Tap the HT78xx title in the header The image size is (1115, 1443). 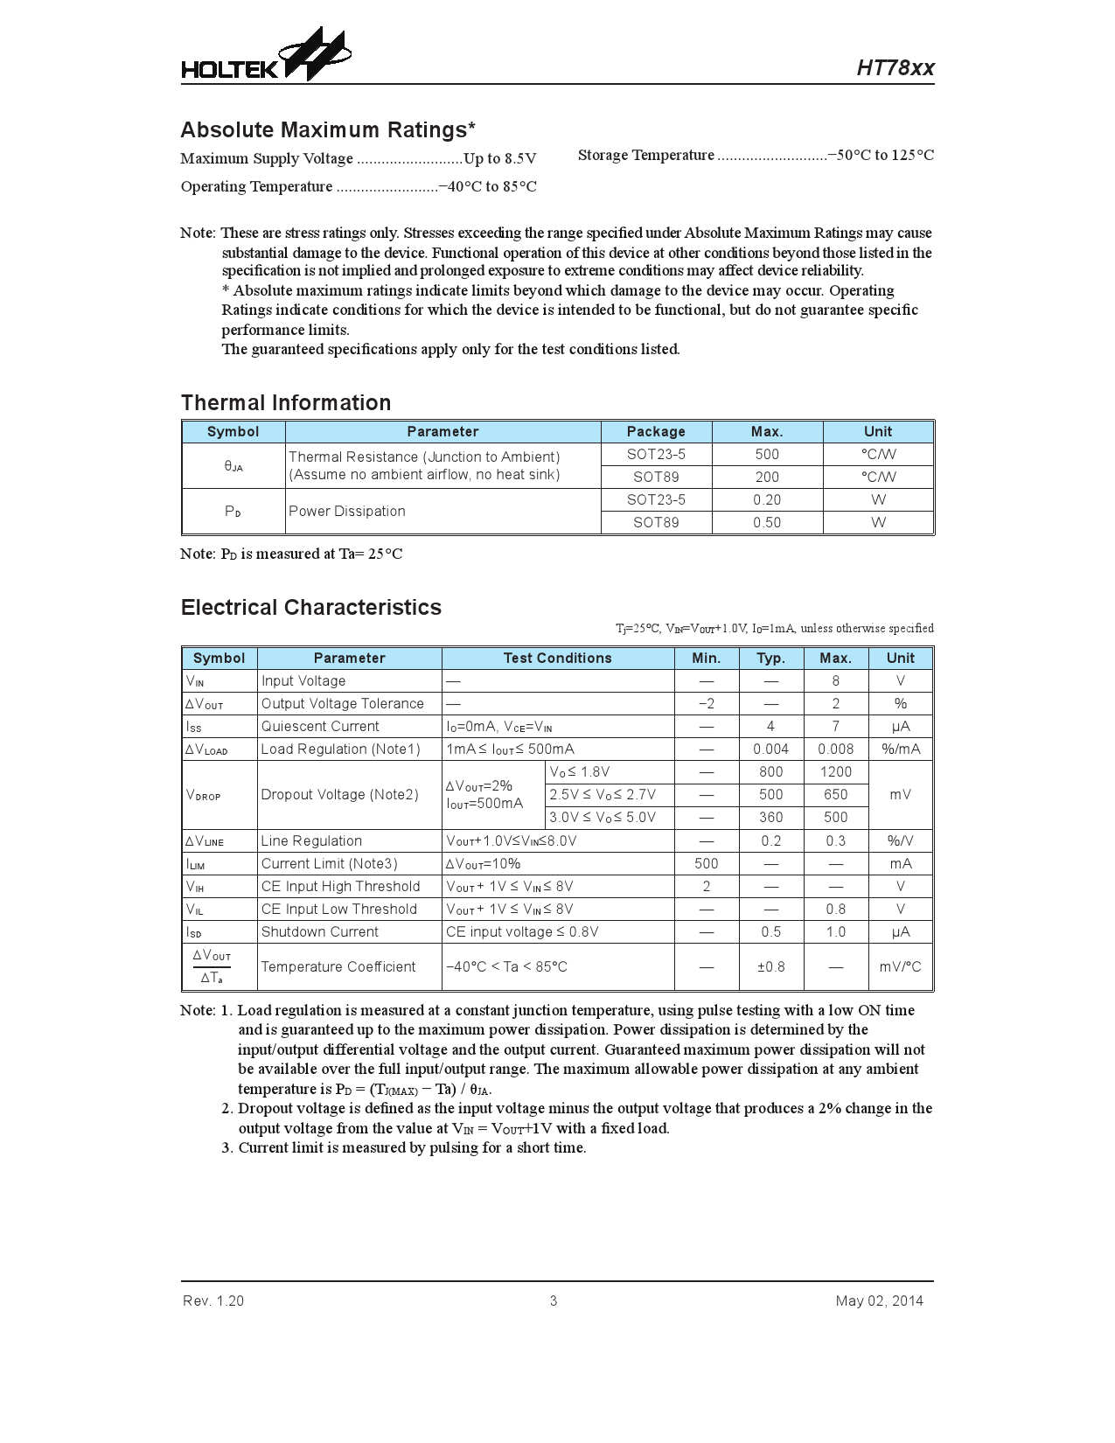pyautogui.click(x=895, y=68)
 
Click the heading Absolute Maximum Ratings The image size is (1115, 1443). pyautogui.click(x=328, y=130)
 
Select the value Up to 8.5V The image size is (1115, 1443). pyautogui.click(x=499, y=159)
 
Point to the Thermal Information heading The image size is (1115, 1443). pyautogui.click(x=286, y=403)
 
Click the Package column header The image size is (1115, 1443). pyautogui.click(x=656, y=432)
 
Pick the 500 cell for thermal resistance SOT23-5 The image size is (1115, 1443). pyautogui.click(x=767, y=455)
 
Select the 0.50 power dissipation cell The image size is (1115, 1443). pyautogui.click(x=767, y=523)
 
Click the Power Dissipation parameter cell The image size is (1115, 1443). pyautogui.click(x=347, y=512)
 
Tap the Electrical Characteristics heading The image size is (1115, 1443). pyautogui.click(x=311, y=608)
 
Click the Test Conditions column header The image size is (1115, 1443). pyautogui.click(x=557, y=659)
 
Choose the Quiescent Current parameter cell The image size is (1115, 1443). pyautogui.click(x=320, y=727)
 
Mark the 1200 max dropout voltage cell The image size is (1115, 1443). pyautogui.click(x=835, y=772)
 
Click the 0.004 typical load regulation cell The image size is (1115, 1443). pyautogui.click(x=770, y=749)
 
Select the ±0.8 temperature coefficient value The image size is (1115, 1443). pyautogui.click(x=770, y=967)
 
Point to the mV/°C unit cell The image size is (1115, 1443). pyautogui.click(x=900, y=967)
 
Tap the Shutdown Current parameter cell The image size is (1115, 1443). pyautogui.click(x=320, y=932)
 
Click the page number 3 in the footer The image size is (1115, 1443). pyautogui.click(x=554, y=1301)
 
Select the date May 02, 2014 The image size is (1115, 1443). pyautogui.click(x=879, y=1301)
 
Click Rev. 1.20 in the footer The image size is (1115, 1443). pyautogui.click(x=213, y=1301)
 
